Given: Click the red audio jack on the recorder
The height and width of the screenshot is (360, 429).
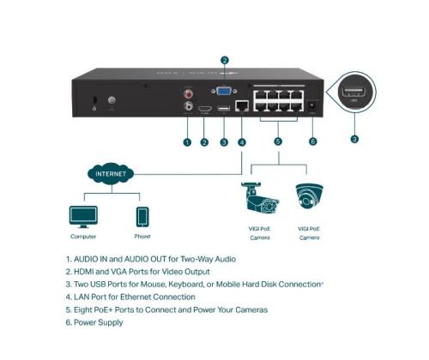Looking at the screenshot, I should click(x=187, y=93).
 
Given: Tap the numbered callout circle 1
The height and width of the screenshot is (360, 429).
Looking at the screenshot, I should click(x=187, y=142).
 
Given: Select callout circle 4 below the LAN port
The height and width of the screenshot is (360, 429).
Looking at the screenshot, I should click(x=242, y=142).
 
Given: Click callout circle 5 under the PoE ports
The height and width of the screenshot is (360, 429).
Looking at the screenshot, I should click(x=276, y=142).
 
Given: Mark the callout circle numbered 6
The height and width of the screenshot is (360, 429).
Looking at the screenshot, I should click(x=312, y=142).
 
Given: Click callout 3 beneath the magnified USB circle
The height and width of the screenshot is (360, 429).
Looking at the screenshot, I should click(x=354, y=137).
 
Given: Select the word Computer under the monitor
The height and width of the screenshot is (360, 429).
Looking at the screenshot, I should click(x=83, y=236).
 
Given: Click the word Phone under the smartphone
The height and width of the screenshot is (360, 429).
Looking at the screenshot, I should click(x=142, y=236).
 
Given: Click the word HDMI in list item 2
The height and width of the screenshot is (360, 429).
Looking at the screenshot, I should click(x=86, y=272).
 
